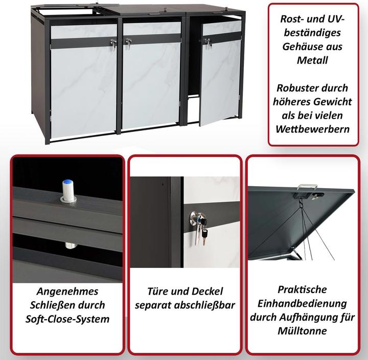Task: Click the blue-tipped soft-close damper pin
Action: pos(68,190)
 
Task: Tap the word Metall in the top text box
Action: pos(312,60)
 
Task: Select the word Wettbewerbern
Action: pos(313,129)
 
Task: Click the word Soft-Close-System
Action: pos(67,319)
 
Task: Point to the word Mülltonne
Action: pos(302,331)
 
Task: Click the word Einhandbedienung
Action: pos(302,303)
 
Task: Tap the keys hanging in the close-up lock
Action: pos(202,230)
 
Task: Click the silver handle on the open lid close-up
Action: pos(307,187)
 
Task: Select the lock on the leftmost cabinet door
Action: pos(113,44)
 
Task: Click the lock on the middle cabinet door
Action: pos(128,43)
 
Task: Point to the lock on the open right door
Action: pos(208,43)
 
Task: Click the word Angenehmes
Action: pos(67,291)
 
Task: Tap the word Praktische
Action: pos(302,289)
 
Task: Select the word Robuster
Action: pos(292,88)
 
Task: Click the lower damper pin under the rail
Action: pos(71,245)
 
